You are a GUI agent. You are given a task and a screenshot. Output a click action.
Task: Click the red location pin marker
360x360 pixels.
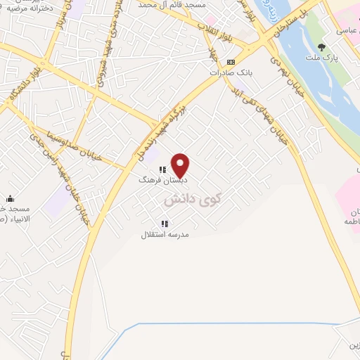click(x=181, y=165)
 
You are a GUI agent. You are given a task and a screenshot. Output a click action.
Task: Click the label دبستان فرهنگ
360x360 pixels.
click(x=159, y=180)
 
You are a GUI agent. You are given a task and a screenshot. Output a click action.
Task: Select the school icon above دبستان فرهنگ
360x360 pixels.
click(x=162, y=169)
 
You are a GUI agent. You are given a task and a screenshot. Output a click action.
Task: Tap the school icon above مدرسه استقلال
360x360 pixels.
click(x=165, y=224)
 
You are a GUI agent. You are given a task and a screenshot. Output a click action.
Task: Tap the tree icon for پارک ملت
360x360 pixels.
click(x=322, y=47)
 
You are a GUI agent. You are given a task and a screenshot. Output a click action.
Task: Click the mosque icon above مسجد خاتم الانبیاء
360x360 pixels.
click(x=11, y=199)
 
